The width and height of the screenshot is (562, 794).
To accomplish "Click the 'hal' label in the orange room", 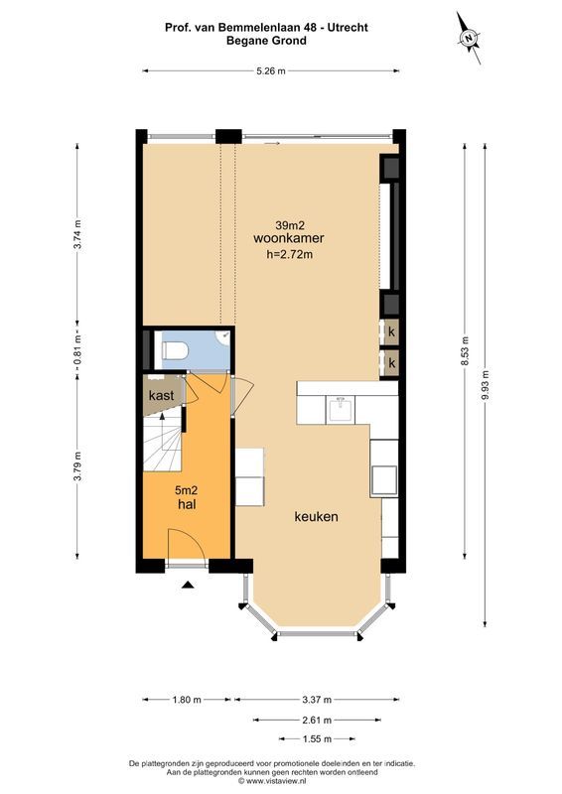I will click(185, 505).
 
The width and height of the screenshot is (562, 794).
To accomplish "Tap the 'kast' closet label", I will click(162, 395).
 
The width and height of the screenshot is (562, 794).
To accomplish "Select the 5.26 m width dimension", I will click(269, 70).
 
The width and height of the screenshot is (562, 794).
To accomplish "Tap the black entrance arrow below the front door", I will click(187, 587).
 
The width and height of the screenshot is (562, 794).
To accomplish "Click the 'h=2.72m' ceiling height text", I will click(290, 255).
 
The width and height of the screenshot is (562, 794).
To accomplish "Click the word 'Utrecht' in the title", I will click(344, 28).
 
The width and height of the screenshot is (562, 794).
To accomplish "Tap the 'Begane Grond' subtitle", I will click(265, 42).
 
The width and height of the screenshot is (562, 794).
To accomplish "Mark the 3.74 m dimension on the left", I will click(79, 235).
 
